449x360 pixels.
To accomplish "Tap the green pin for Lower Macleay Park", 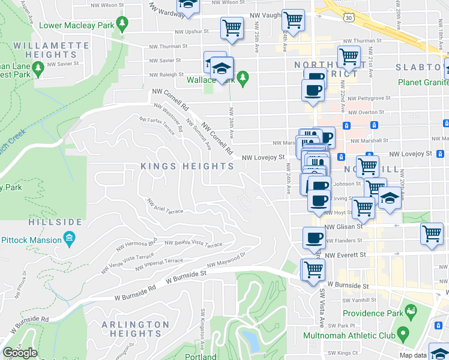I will click(x=122, y=25).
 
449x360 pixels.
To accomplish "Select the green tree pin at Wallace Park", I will click(x=243, y=77).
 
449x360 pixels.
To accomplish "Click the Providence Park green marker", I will click(x=411, y=311).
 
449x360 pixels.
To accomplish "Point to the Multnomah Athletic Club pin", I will click(x=403, y=332).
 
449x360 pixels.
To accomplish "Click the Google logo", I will click(x=20, y=353).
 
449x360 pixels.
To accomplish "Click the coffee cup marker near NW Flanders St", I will click(x=314, y=238).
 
